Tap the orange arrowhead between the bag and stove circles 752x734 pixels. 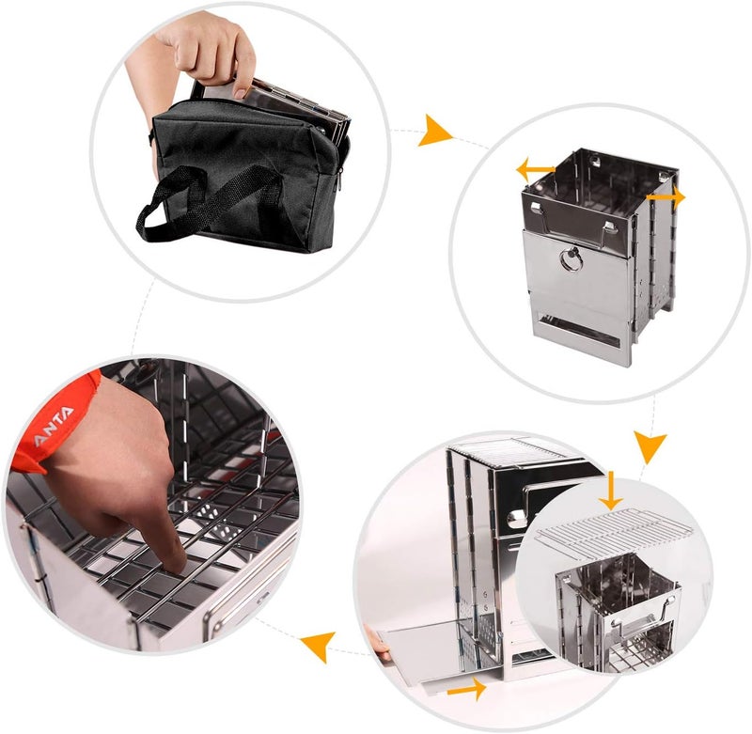point(434,131)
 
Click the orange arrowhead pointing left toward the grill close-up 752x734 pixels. point(319,647)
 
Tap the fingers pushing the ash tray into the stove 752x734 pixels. point(377,644)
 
